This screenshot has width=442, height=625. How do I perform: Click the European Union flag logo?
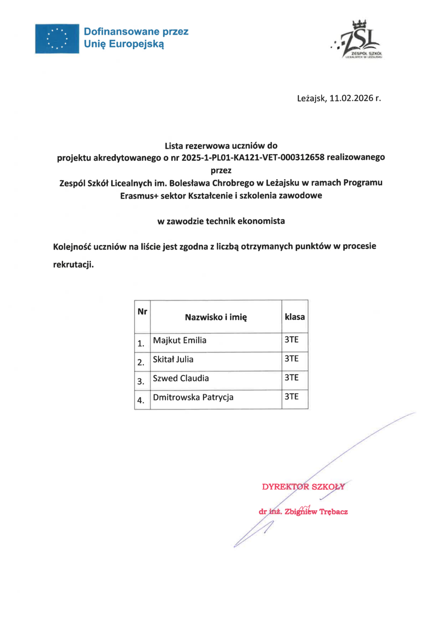point(57,39)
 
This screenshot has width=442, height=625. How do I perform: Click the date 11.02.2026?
point(351,98)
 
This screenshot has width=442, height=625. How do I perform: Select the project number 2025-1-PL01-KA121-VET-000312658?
point(253,157)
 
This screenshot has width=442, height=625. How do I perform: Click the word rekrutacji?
point(73,264)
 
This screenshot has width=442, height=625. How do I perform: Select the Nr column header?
point(142,312)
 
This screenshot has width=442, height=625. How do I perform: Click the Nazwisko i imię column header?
point(216,317)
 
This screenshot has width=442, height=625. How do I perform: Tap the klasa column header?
point(295,317)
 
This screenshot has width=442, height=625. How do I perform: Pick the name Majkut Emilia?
point(179,340)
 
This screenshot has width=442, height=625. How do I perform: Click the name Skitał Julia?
point(173,359)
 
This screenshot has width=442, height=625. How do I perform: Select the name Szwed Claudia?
point(181,378)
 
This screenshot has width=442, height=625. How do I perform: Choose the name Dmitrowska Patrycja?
point(193,397)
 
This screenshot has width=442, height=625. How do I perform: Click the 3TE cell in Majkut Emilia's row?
point(291,339)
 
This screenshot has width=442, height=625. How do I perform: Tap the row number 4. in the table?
point(141,400)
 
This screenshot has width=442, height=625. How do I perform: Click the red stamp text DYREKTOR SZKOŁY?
point(303,487)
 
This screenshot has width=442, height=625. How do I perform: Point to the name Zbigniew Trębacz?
point(316,511)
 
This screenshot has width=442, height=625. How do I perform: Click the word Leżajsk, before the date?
point(312,98)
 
